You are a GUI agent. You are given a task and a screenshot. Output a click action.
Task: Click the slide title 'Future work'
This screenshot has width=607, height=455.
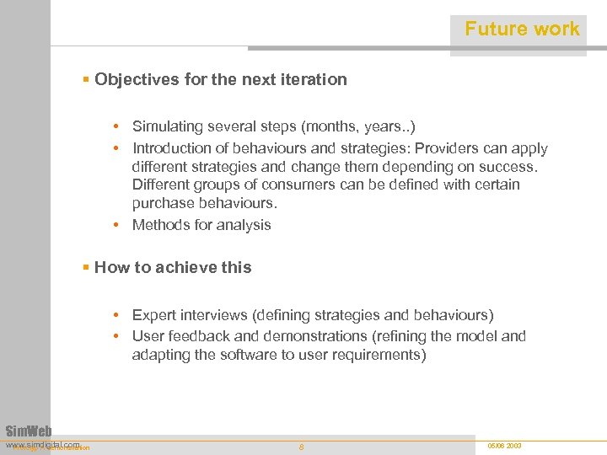point(522,29)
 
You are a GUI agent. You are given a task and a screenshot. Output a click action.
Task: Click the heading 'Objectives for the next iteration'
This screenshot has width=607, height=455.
point(220,79)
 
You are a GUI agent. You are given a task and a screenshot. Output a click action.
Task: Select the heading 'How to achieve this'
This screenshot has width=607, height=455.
point(173,267)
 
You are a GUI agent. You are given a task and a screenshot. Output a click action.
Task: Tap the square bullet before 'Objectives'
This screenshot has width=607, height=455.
point(86,79)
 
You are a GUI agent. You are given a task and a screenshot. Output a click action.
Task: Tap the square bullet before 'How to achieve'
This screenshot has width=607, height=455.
point(86,267)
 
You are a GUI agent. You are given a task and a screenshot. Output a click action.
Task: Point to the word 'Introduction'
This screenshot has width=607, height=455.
point(173,148)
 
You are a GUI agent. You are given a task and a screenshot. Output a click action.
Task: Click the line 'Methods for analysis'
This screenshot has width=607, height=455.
point(201,225)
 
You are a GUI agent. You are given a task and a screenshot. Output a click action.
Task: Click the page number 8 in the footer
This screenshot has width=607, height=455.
point(302,447)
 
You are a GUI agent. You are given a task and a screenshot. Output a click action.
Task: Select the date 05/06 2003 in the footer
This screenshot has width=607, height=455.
point(504,445)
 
